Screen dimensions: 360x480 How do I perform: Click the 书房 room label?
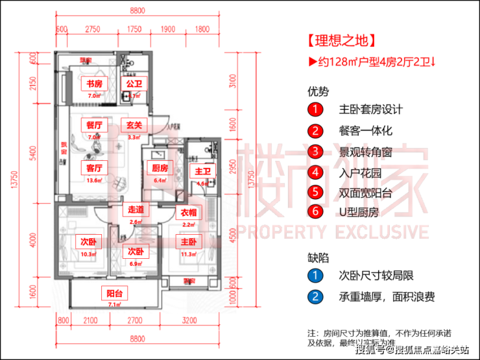pyautogui.click(x=95, y=84)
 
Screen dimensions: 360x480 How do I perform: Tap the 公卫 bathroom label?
pyautogui.click(x=134, y=84)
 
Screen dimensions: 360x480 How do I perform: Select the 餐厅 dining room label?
pyautogui.click(x=95, y=125)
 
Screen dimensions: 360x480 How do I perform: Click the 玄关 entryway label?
pyautogui.click(x=134, y=125)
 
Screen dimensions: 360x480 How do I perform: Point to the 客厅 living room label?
pyautogui.click(x=95, y=167)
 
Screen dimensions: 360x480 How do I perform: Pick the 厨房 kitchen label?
pyautogui.click(x=160, y=168)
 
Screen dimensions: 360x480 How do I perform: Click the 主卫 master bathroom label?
pyautogui.click(x=200, y=172)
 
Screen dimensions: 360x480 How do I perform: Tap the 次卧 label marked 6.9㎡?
pyautogui.click(x=134, y=250)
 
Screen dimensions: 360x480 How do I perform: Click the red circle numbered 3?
pyautogui.click(x=315, y=152)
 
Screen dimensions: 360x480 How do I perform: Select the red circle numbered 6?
pyautogui.click(x=315, y=211)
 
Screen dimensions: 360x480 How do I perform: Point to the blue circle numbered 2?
pyautogui.click(x=315, y=296)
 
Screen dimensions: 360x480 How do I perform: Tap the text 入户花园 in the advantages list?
pyautogui.click(x=359, y=172)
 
